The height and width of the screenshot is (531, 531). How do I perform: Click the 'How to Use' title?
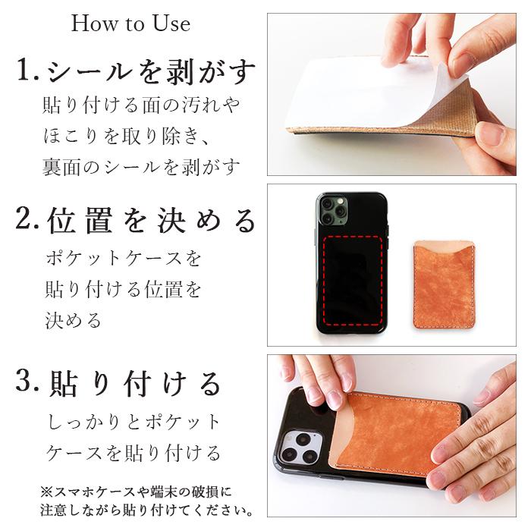[130, 24]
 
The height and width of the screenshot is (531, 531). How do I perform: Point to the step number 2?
[28, 221]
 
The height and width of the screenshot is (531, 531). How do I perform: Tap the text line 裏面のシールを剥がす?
[141, 166]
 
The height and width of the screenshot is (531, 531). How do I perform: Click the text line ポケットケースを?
[124, 258]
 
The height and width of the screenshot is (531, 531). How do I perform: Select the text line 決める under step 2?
[74, 320]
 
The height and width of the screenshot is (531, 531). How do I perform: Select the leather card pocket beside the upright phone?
[444, 284]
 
